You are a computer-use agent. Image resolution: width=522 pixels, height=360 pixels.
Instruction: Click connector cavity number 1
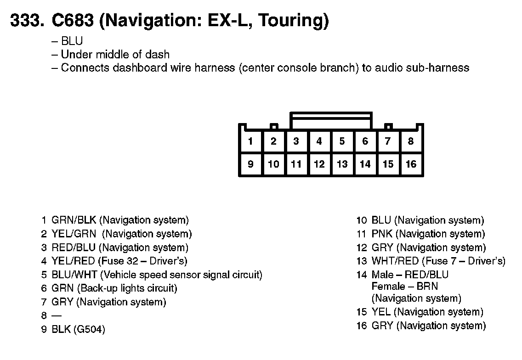[250, 141]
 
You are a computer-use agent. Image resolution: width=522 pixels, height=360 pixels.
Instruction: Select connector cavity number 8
[411, 141]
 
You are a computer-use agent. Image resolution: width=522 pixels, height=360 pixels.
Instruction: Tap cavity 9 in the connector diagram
[250, 164]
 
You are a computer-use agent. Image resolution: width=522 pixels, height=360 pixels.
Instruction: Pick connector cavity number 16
[411, 164]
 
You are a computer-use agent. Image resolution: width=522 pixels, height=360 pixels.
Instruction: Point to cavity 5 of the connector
[342, 141]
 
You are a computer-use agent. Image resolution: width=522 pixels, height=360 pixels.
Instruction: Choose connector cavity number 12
[319, 164]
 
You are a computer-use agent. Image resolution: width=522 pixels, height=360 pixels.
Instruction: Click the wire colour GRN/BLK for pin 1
[74, 220]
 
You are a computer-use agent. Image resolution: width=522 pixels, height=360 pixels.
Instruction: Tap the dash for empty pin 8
[57, 316]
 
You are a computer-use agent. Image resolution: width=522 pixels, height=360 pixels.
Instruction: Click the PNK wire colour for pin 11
[382, 234]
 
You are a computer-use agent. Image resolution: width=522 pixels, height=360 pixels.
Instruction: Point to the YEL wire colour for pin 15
[381, 312]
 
